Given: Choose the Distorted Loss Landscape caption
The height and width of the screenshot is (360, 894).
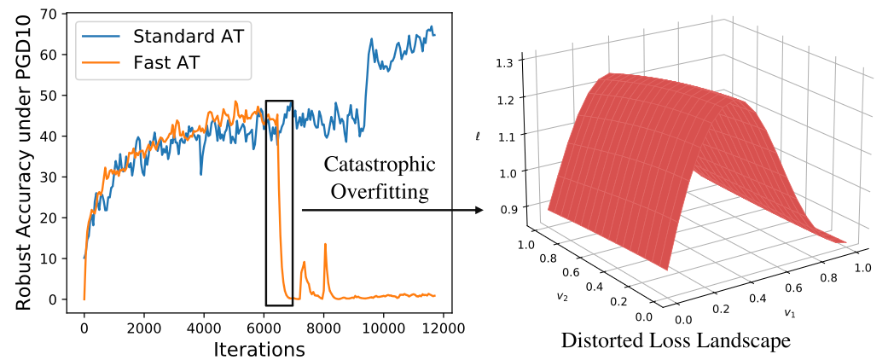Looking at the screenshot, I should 674,340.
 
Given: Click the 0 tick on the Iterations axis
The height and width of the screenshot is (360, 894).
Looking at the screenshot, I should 84,327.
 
